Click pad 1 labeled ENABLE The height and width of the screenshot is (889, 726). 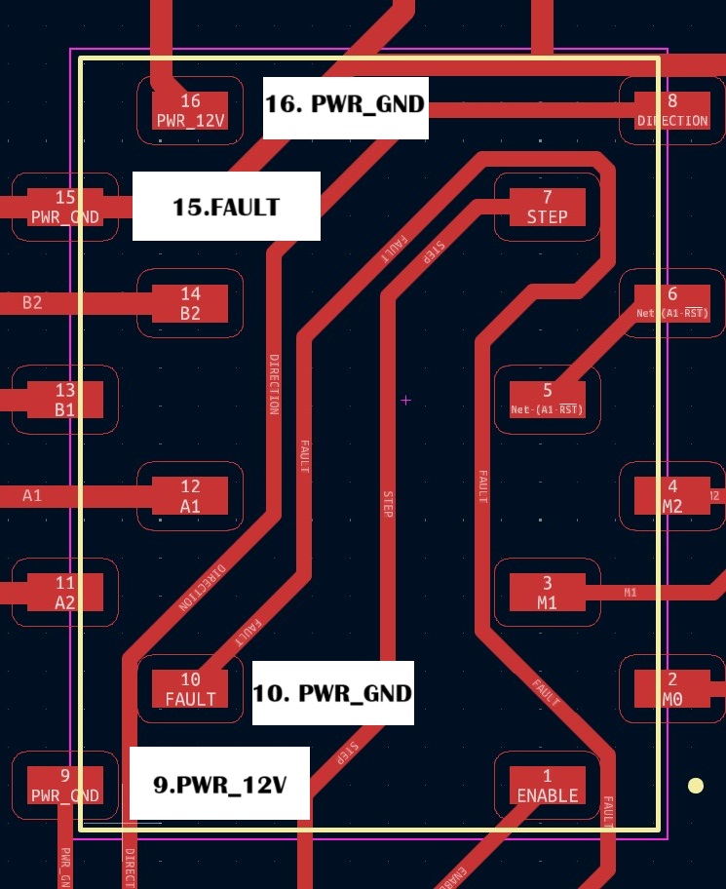click(x=547, y=786)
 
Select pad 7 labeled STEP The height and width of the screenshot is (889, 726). click(x=547, y=207)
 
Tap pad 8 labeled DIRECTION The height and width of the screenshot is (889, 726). click(x=671, y=111)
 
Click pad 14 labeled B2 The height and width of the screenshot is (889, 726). click(x=190, y=303)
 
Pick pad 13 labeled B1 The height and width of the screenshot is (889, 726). click(x=64, y=400)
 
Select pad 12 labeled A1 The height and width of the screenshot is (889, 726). click(x=190, y=496)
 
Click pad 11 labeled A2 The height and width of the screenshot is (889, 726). click(x=64, y=593)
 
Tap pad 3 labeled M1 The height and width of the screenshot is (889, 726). click(x=547, y=593)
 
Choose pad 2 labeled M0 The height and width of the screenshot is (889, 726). click(x=671, y=689)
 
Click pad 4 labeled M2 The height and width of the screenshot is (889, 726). click(x=671, y=496)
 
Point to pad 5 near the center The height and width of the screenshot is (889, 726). click(x=547, y=400)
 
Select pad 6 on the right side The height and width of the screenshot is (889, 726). click(x=671, y=303)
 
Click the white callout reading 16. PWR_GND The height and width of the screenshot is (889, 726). click(x=346, y=103)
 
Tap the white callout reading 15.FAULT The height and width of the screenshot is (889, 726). click(x=226, y=207)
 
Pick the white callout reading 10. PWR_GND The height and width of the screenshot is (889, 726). click(x=332, y=693)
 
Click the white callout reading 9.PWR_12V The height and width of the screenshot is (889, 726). click(x=220, y=783)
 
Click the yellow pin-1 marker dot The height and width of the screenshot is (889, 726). click(x=696, y=786)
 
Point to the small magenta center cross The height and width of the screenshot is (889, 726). click(x=405, y=400)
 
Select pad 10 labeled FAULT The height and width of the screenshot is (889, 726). click(x=190, y=689)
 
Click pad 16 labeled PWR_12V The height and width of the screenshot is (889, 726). click(x=190, y=111)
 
